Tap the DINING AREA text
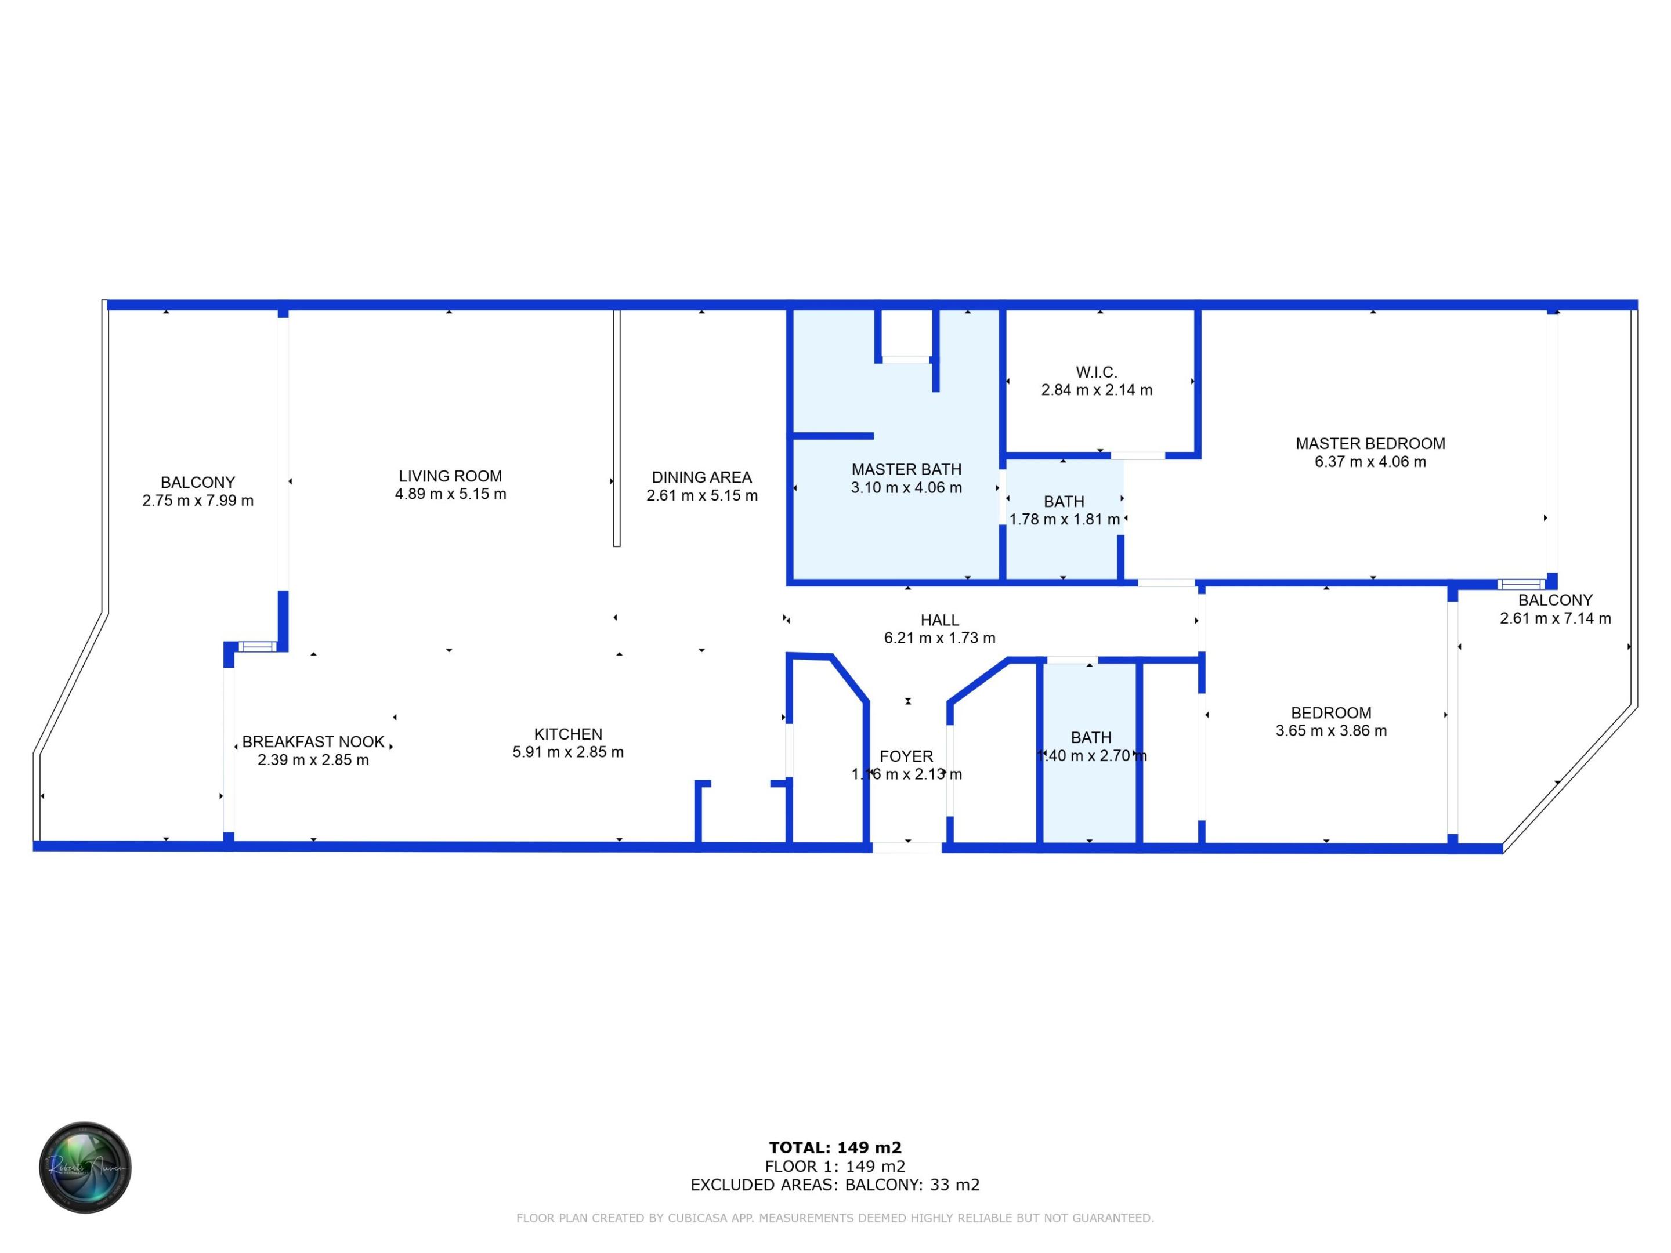click(702, 477)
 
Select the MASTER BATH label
click(906, 470)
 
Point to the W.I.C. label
click(1096, 372)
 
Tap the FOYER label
click(906, 756)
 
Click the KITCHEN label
click(567, 734)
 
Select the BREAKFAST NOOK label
click(313, 742)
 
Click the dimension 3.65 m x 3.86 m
click(1330, 731)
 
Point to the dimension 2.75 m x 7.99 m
click(197, 501)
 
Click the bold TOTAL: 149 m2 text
click(835, 1148)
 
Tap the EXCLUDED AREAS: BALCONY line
click(835, 1185)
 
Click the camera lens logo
click(85, 1167)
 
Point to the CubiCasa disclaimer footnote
click(835, 1218)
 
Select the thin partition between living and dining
click(616, 428)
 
